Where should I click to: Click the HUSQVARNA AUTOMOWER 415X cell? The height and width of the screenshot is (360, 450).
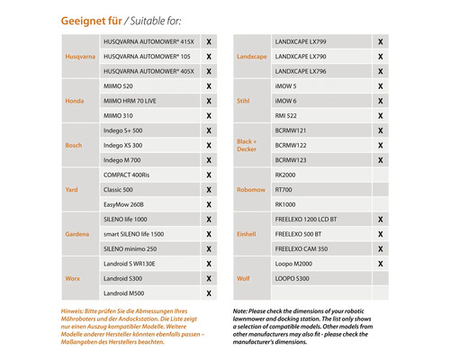[148, 41]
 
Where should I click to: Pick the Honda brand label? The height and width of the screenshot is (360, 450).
[75, 101]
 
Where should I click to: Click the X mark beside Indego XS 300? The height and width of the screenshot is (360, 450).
[209, 145]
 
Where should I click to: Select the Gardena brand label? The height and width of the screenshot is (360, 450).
[76, 234]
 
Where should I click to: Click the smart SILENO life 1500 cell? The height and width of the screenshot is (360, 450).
[140, 234]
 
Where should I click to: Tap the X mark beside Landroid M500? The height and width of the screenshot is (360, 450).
[209, 293]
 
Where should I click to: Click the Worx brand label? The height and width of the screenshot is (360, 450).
[74, 278]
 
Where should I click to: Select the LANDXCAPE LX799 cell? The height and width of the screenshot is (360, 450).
[300, 41]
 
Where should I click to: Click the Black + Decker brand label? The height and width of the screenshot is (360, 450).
[247, 145]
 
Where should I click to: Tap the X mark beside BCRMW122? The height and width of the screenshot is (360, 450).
[380, 145]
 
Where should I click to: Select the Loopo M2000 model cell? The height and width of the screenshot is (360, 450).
[294, 264]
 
